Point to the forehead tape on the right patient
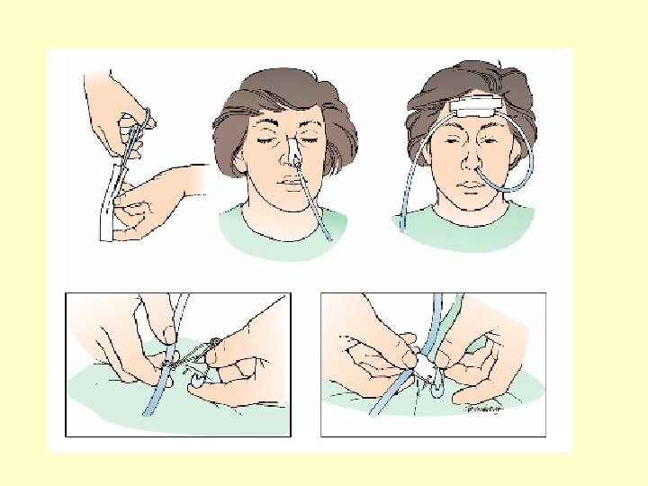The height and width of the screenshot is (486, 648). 474,108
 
